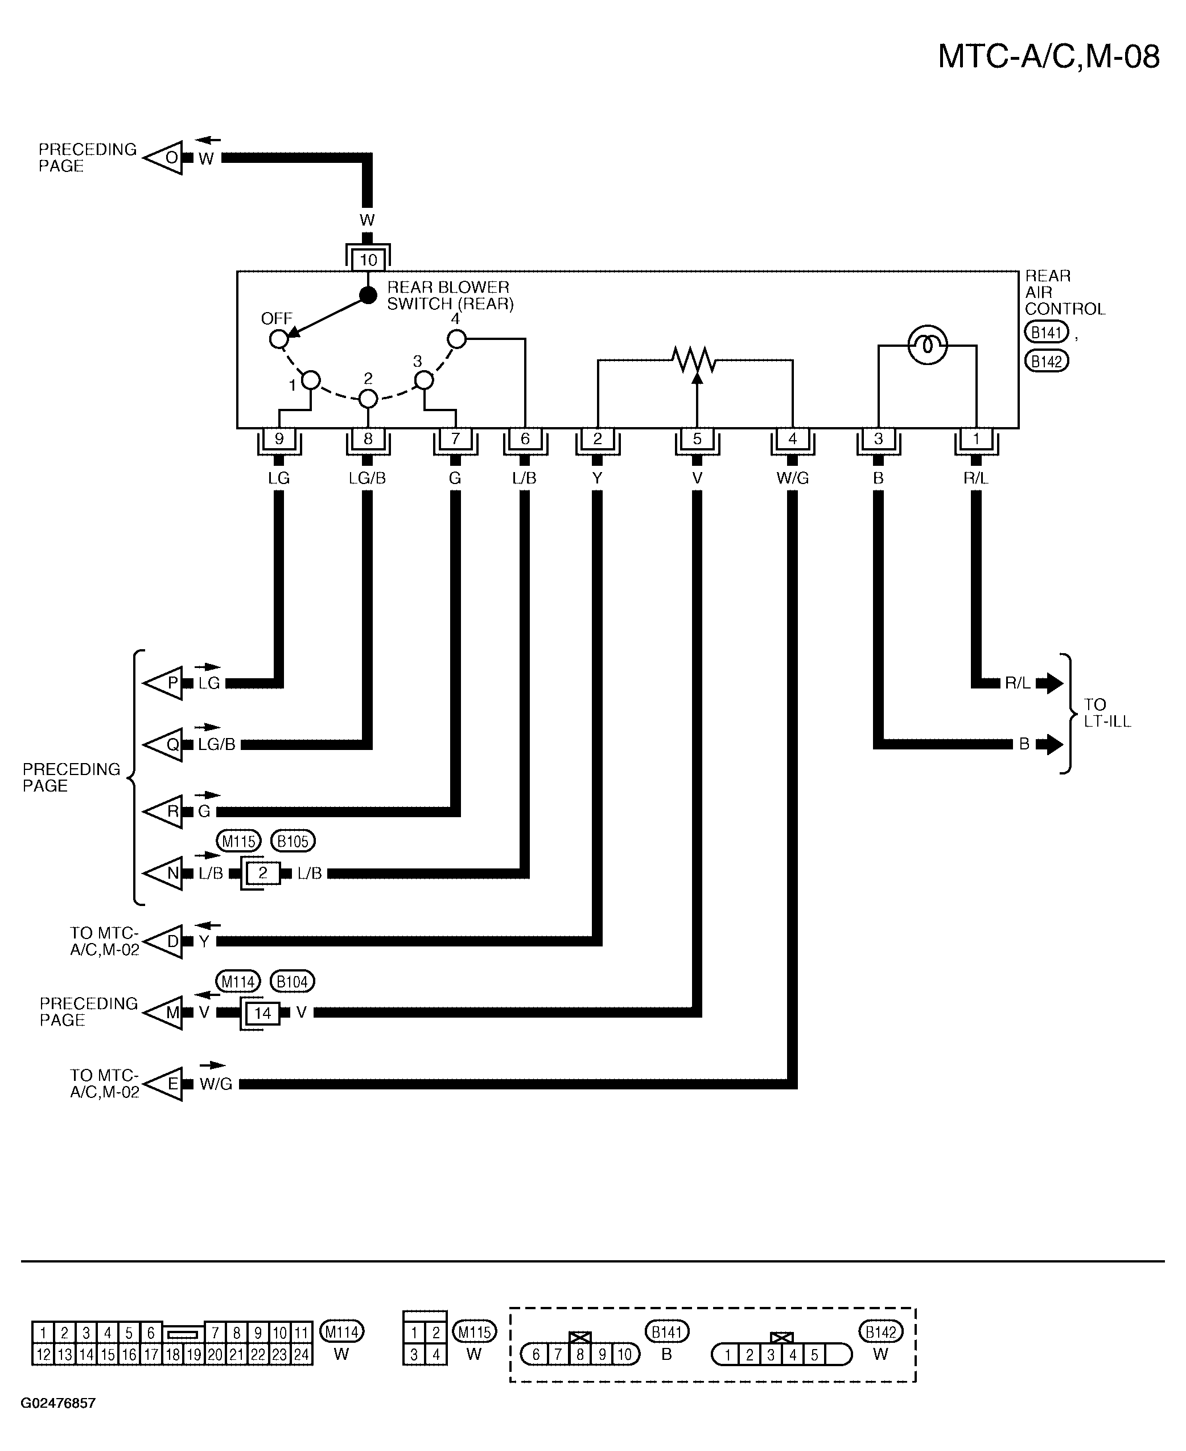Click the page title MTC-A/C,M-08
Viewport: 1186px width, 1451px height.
pos(1048,57)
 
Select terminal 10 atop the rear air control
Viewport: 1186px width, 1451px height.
pos(368,260)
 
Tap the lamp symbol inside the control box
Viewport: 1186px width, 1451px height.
pos(927,345)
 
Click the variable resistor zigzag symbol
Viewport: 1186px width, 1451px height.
pos(695,359)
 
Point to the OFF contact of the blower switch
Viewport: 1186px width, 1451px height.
pos(278,338)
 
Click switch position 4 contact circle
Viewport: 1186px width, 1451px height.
pos(456,338)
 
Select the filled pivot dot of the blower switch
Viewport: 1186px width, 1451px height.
pos(368,295)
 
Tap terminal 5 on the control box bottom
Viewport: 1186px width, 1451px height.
pos(697,439)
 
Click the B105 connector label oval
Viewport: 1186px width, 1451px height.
pos(293,841)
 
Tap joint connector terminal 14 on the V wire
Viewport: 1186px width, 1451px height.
pos(263,1013)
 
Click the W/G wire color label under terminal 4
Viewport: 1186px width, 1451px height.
pos(793,478)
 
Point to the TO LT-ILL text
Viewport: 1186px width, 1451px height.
pos(1107,713)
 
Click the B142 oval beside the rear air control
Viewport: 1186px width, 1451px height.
pos(1046,361)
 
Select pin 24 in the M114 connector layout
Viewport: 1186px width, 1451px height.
pos(301,1354)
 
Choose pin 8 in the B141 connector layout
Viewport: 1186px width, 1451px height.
pos(579,1354)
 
